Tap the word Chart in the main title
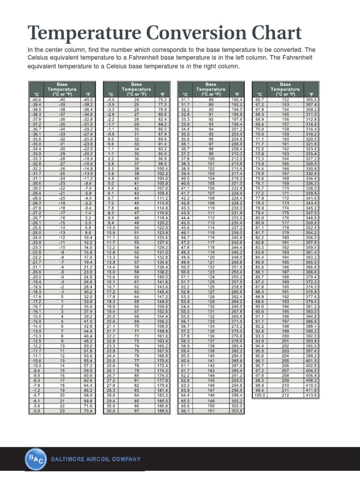coord(273,33)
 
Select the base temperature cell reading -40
coord(61,99)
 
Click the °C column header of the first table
coord(35,94)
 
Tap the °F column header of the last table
coord(312,94)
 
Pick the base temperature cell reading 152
coord(285,99)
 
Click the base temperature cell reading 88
coord(211,99)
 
